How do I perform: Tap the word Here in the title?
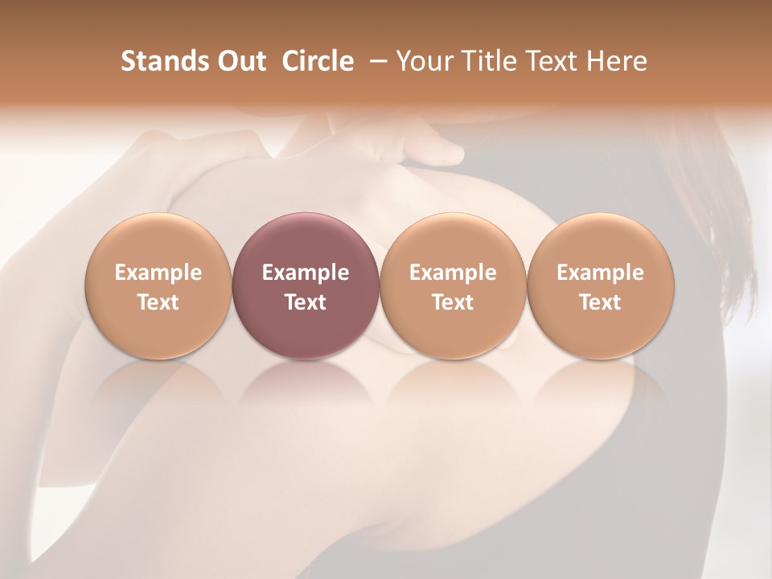coord(615,61)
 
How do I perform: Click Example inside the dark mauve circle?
coord(306,273)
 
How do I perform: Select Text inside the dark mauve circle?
coord(306,302)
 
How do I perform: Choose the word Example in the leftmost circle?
coord(158,273)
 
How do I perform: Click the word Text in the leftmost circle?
coord(158,302)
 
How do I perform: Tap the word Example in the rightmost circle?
coord(600,273)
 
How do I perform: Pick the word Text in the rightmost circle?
coord(600,302)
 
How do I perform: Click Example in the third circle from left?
coord(453,273)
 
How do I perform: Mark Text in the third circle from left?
coord(453,302)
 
